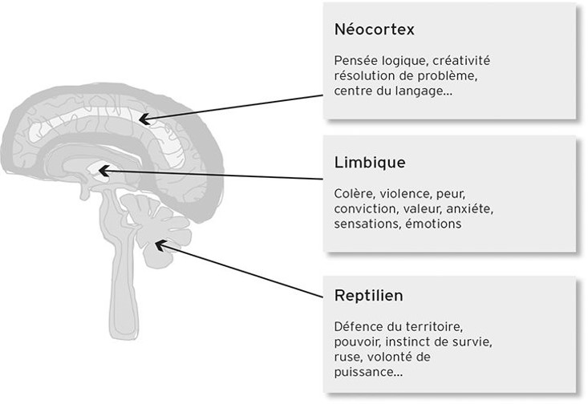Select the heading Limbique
coord(369,163)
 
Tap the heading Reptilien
coord(368,296)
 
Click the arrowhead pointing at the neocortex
coord(145,120)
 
